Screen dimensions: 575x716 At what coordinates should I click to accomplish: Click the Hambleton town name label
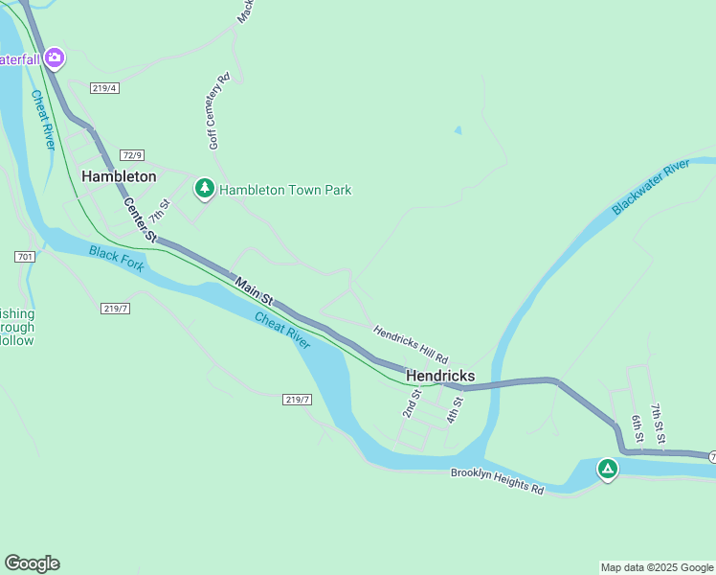(119, 176)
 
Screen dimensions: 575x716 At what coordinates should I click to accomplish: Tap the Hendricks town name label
(440, 376)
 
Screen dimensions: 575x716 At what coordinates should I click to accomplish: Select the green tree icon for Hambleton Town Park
(204, 189)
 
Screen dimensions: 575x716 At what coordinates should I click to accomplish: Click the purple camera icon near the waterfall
(55, 58)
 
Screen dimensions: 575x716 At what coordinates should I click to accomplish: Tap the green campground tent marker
(607, 469)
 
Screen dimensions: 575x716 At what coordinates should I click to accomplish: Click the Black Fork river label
(117, 259)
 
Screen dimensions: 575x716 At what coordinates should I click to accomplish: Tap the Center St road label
(139, 219)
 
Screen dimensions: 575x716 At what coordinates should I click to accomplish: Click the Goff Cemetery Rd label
(218, 112)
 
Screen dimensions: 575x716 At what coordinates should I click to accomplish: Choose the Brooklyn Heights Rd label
(497, 480)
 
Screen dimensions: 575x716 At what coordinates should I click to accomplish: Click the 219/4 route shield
(104, 88)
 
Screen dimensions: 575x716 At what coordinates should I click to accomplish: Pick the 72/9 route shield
(132, 155)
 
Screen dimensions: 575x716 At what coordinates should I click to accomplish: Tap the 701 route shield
(26, 257)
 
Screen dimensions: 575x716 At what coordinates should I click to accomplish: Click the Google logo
(32, 563)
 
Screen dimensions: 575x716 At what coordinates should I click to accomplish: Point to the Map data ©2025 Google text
(656, 567)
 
